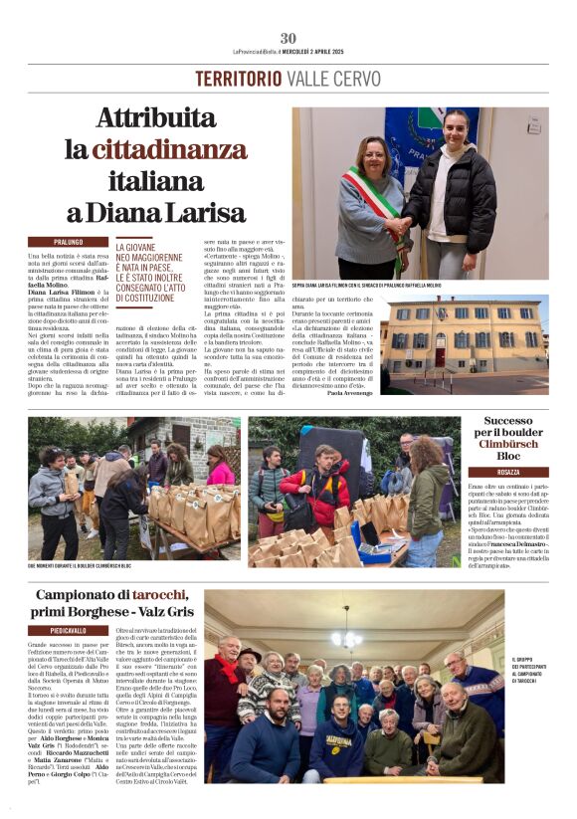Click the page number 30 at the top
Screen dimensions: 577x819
point(288,38)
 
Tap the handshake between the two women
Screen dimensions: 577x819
point(400,226)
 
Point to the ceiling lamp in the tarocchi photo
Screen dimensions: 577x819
point(346,638)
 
